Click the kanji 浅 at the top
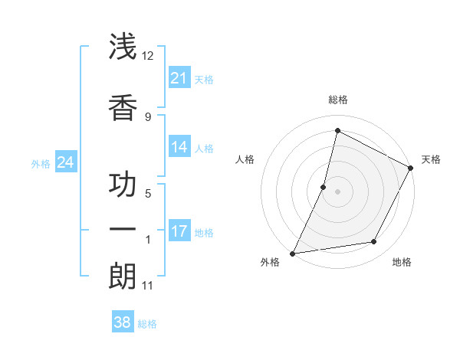tap(123, 47)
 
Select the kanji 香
tap(123, 107)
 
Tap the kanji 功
tap(123, 185)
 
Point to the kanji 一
tap(123, 230)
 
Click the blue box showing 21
tap(179, 78)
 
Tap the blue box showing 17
tap(179, 231)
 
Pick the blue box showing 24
tap(65, 162)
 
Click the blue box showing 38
tap(122, 322)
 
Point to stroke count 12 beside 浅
tap(148, 55)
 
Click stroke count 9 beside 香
tap(148, 116)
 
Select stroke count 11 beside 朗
tap(147, 286)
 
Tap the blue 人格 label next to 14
tap(204, 148)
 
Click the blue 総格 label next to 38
tap(147, 324)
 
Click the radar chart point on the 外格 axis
tap(292, 253)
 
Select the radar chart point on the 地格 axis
tap(374, 242)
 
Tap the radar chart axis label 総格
tap(337, 100)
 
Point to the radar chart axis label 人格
tap(245, 159)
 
